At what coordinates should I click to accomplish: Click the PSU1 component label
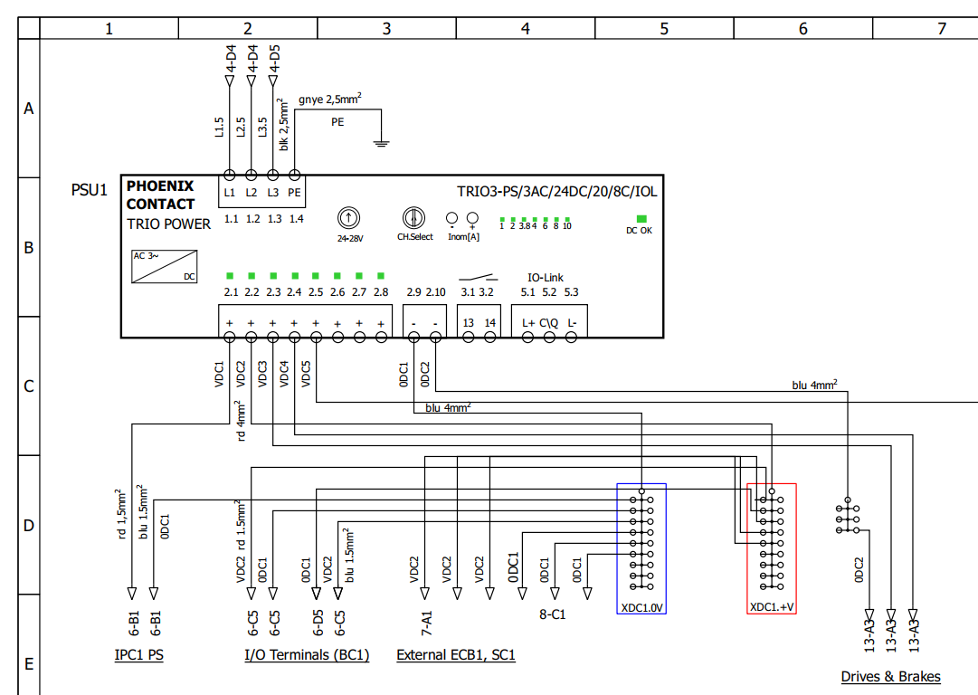(x=90, y=190)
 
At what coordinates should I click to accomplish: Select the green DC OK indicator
(x=641, y=219)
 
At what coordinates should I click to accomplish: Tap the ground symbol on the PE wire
(x=381, y=144)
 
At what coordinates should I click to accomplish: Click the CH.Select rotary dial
(x=413, y=218)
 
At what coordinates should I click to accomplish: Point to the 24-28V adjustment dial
(x=348, y=218)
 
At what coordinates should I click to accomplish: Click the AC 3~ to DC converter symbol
(x=164, y=266)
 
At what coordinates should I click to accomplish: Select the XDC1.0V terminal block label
(x=641, y=607)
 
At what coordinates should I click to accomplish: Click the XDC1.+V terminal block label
(x=772, y=607)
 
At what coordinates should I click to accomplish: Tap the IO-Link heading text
(x=546, y=278)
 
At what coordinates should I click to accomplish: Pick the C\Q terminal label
(x=549, y=323)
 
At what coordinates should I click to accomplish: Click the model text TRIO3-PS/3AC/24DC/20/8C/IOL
(x=557, y=192)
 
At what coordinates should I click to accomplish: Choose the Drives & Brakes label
(x=890, y=677)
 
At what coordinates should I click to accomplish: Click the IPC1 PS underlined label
(x=139, y=655)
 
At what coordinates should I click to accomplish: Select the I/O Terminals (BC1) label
(x=307, y=655)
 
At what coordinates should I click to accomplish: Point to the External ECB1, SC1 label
(x=456, y=655)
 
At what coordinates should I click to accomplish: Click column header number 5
(x=664, y=29)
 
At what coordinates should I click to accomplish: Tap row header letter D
(x=29, y=525)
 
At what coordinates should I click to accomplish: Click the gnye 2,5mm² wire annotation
(x=330, y=99)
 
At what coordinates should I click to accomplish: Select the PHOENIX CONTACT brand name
(x=160, y=195)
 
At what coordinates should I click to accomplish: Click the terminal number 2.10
(x=435, y=292)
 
